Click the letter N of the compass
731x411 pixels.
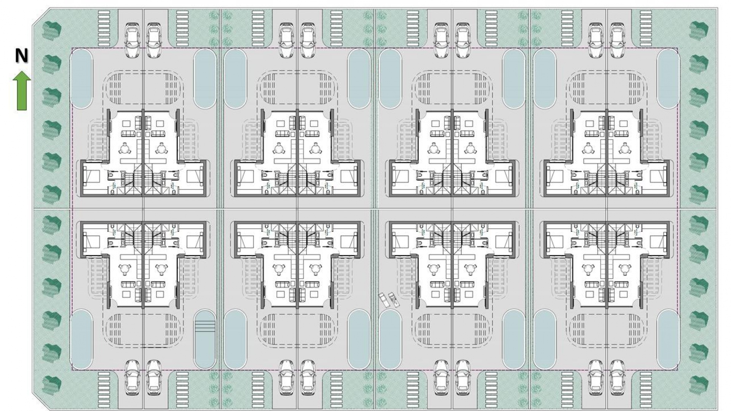coord(22,56)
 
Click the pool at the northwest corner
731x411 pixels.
coord(81,79)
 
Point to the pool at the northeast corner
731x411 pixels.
coord(669,79)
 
